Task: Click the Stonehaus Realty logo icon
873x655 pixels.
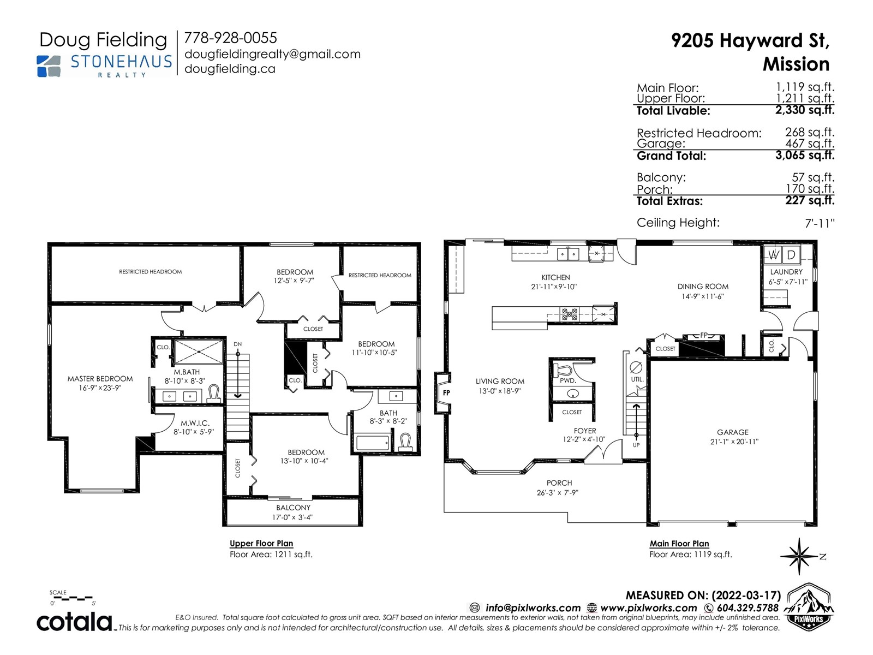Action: (49, 66)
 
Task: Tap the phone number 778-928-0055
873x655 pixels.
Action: (230, 38)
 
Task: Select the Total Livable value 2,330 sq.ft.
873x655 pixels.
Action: (805, 110)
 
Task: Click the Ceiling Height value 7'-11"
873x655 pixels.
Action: (820, 223)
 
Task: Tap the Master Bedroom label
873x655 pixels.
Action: (100, 379)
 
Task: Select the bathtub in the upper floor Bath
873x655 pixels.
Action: (373, 443)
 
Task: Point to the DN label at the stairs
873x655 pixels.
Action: (237, 344)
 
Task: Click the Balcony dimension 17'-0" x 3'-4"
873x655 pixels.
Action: (292, 517)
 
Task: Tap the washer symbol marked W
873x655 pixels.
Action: (773, 254)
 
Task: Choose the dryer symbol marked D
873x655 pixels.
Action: (791, 254)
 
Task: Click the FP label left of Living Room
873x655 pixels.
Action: (447, 393)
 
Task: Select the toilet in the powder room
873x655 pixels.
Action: (563, 370)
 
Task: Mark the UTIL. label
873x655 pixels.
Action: (637, 379)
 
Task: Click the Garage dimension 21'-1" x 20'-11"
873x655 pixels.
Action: (734, 442)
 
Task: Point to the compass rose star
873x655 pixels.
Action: (799, 556)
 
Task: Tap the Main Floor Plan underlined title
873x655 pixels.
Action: (679, 544)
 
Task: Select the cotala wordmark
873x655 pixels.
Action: (74, 622)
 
